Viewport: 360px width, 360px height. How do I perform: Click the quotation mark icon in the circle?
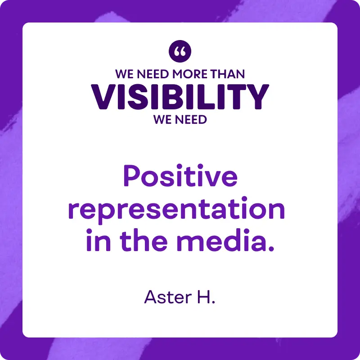(x=180, y=51)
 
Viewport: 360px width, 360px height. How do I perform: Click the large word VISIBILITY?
(x=180, y=97)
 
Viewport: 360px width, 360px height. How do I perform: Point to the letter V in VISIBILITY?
(x=103, y=97)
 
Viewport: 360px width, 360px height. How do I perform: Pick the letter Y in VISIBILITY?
(x=256, y=97)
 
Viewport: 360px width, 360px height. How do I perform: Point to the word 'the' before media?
(x=144, y=240)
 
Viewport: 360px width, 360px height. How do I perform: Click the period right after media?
(x=271, y=248)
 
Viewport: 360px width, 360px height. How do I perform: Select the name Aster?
(x=168, y=297)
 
